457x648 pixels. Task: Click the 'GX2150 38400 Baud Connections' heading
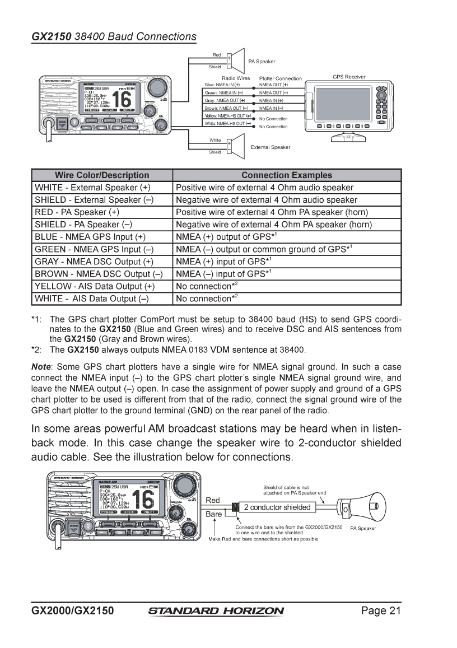(114, 37)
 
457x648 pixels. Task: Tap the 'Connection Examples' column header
(287, 175)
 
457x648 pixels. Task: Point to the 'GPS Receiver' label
(349, 77)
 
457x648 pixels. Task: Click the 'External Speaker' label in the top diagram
(270, 147)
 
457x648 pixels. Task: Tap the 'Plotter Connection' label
(280, 78)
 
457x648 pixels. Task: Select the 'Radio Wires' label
(236, 78)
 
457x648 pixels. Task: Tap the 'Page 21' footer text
(381, 610)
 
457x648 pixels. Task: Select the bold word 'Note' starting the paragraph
(41, 367)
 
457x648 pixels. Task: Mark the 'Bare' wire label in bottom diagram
(213, 514)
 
